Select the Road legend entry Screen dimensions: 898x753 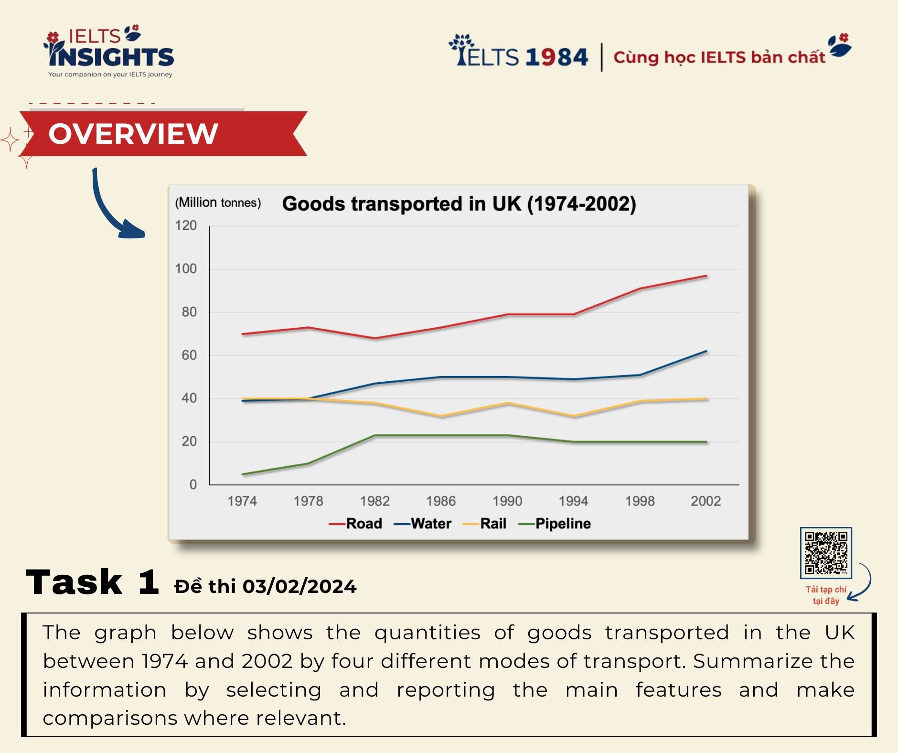tap(355, 524)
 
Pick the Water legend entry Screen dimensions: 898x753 tap(422, 524)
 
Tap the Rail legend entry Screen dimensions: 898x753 tap(484, 524)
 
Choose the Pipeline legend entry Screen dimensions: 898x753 tap(555, 524)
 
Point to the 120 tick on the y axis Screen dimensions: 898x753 tap(186, 226)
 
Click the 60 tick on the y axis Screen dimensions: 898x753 tap(189, 355)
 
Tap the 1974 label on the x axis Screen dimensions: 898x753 tap(242, 501)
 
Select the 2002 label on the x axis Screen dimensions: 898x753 tap(706, 501)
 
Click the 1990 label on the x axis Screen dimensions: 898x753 tap(507, 501)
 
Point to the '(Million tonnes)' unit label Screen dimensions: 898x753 tap(218, 203)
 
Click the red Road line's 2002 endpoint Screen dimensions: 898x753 tap(706, 276)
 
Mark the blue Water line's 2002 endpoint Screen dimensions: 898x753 tap(706, 351)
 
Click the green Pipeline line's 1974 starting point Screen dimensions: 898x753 tap(243, 474)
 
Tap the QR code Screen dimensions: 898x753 tap(826, 553)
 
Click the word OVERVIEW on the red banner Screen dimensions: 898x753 tap(133, 133)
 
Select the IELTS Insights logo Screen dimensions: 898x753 tap(109, 51)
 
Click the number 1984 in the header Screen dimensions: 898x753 tap(556, 57)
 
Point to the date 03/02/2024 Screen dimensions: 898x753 tap(299, 586)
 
